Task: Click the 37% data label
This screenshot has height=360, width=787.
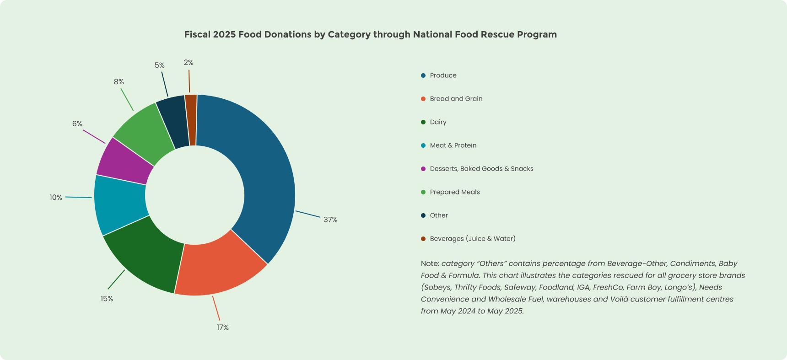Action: pos(330,220)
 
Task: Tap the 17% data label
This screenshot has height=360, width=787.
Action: pos(222,328)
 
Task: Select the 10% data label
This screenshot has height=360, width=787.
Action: pos(56,198)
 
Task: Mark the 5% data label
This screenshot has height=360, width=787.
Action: pos(159,65)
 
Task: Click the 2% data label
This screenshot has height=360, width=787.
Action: pos(189,63)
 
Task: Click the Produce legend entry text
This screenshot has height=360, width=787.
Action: pos(443,75)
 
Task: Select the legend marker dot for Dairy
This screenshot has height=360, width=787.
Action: pos(423,122)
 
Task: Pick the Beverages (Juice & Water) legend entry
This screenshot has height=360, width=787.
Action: pos(472,239)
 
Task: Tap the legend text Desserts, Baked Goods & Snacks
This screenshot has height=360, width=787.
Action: pos(481,169)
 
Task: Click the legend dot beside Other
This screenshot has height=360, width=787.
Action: pos(423,215)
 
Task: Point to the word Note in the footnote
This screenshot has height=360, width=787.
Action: pos(430,264)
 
